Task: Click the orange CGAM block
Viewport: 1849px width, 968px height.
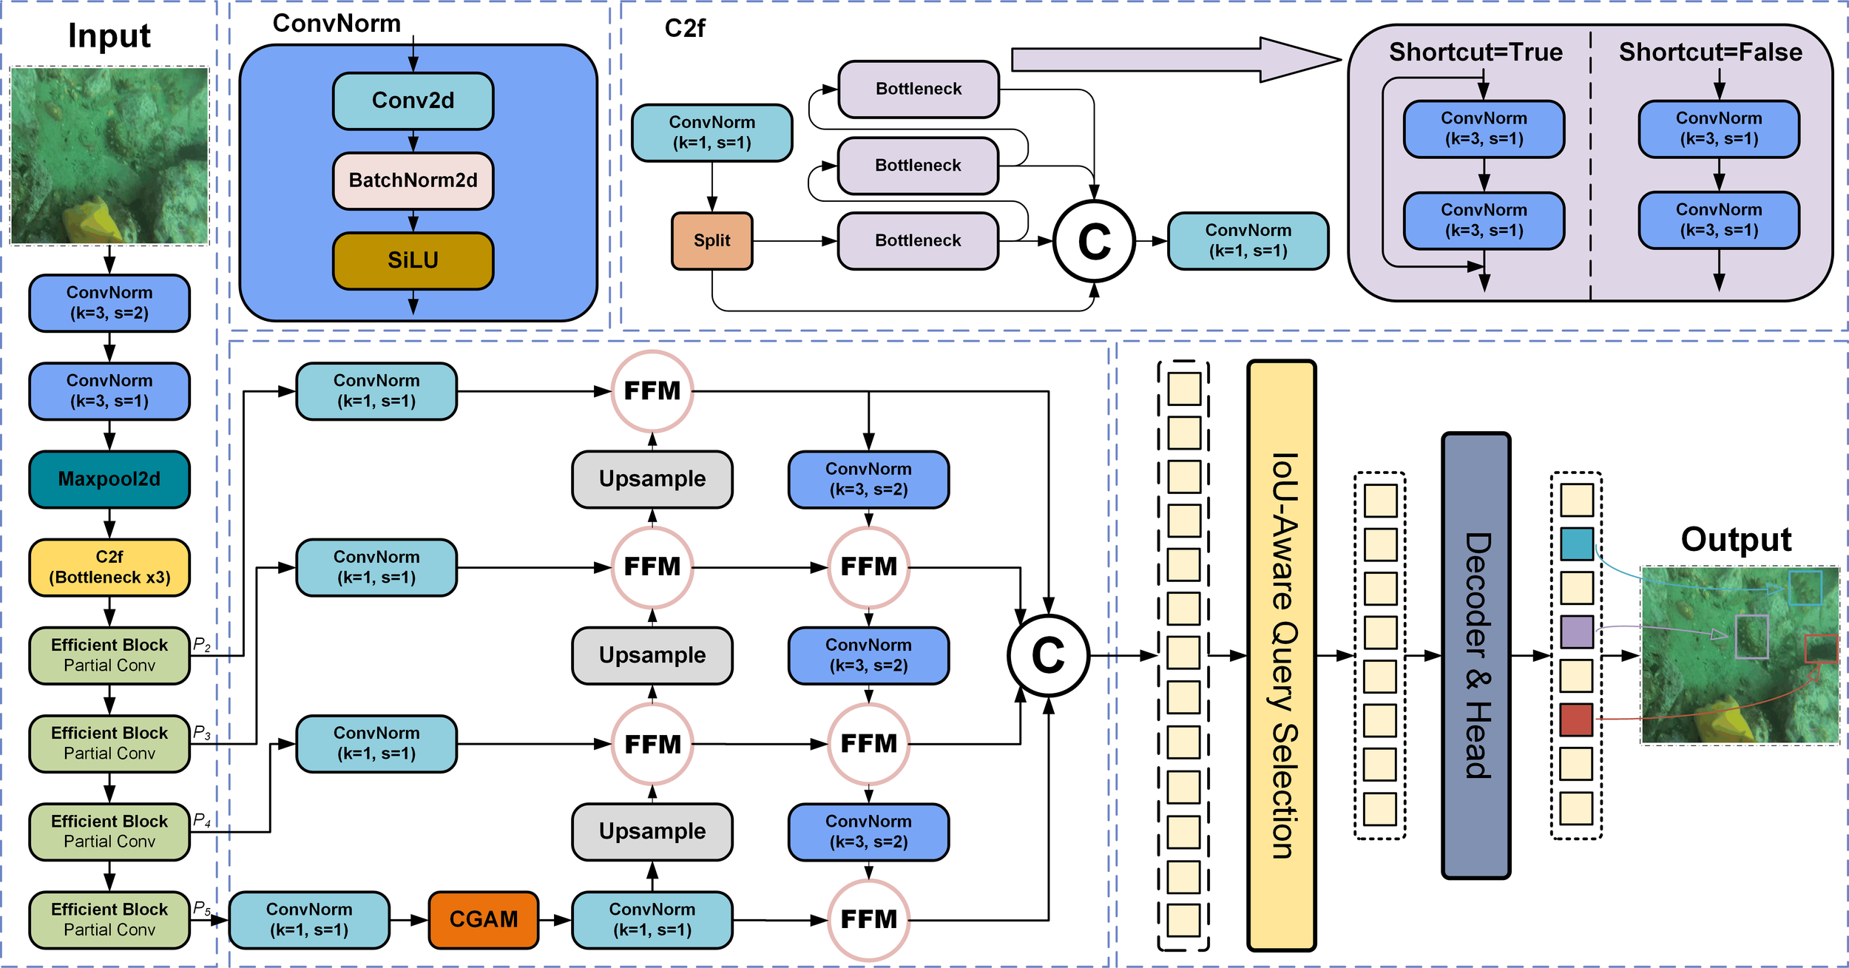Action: point(483,919)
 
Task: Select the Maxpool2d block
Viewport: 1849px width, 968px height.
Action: point(109,479)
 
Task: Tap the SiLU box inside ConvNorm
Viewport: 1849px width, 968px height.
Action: point(413,260)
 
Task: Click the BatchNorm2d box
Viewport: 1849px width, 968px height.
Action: point(413,180)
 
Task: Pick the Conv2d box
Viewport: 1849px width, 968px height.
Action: point(413,101)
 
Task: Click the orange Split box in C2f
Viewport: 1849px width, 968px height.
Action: point(711,240)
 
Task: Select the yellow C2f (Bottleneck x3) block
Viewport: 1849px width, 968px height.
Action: point(109,567)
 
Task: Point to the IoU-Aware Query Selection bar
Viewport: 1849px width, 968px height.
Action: point(1281,655)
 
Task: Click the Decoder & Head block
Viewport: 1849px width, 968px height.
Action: point(1476,655)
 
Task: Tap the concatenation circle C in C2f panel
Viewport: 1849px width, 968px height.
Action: point(1093,241)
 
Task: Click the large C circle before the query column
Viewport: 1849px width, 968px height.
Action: point(1048,655)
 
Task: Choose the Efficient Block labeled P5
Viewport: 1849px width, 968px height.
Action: point(109,919)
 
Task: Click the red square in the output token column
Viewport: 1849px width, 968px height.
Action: point(1575,720)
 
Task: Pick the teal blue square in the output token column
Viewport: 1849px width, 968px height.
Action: point(1576,544)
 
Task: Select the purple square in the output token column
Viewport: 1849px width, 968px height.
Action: point(1576,632)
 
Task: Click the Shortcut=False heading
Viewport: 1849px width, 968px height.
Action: point(1710,53)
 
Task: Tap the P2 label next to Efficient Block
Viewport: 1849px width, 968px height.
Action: point(201,644)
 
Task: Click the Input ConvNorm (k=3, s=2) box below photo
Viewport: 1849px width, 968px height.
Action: point(109,303)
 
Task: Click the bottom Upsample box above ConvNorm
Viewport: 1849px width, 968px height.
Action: point(652,831)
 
